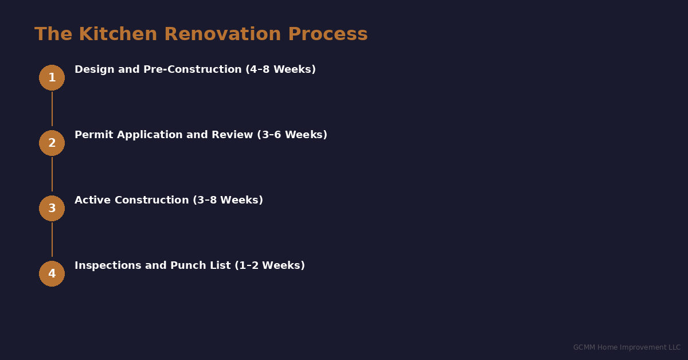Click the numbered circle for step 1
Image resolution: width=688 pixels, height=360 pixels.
click(52, 77)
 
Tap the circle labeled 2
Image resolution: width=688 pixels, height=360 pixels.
click(52, 143)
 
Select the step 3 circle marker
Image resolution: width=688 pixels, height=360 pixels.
click(52, 208)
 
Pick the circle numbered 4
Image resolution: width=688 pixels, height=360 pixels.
click(52, 273)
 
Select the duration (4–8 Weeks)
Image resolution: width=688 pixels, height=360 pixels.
click(280, 69)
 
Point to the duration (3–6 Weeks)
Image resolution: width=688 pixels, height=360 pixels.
click(292, 135)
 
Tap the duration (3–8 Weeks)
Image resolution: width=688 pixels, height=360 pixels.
click(228, 200)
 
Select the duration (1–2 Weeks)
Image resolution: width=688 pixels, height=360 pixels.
click(269, 265)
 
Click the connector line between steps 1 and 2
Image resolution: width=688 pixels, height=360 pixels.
click(52, 109)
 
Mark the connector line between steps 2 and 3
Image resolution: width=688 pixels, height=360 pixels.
click(52, 174)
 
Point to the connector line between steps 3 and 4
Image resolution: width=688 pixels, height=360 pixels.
click(52, 240)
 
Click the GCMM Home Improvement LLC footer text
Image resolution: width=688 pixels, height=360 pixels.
click(627, 347)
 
